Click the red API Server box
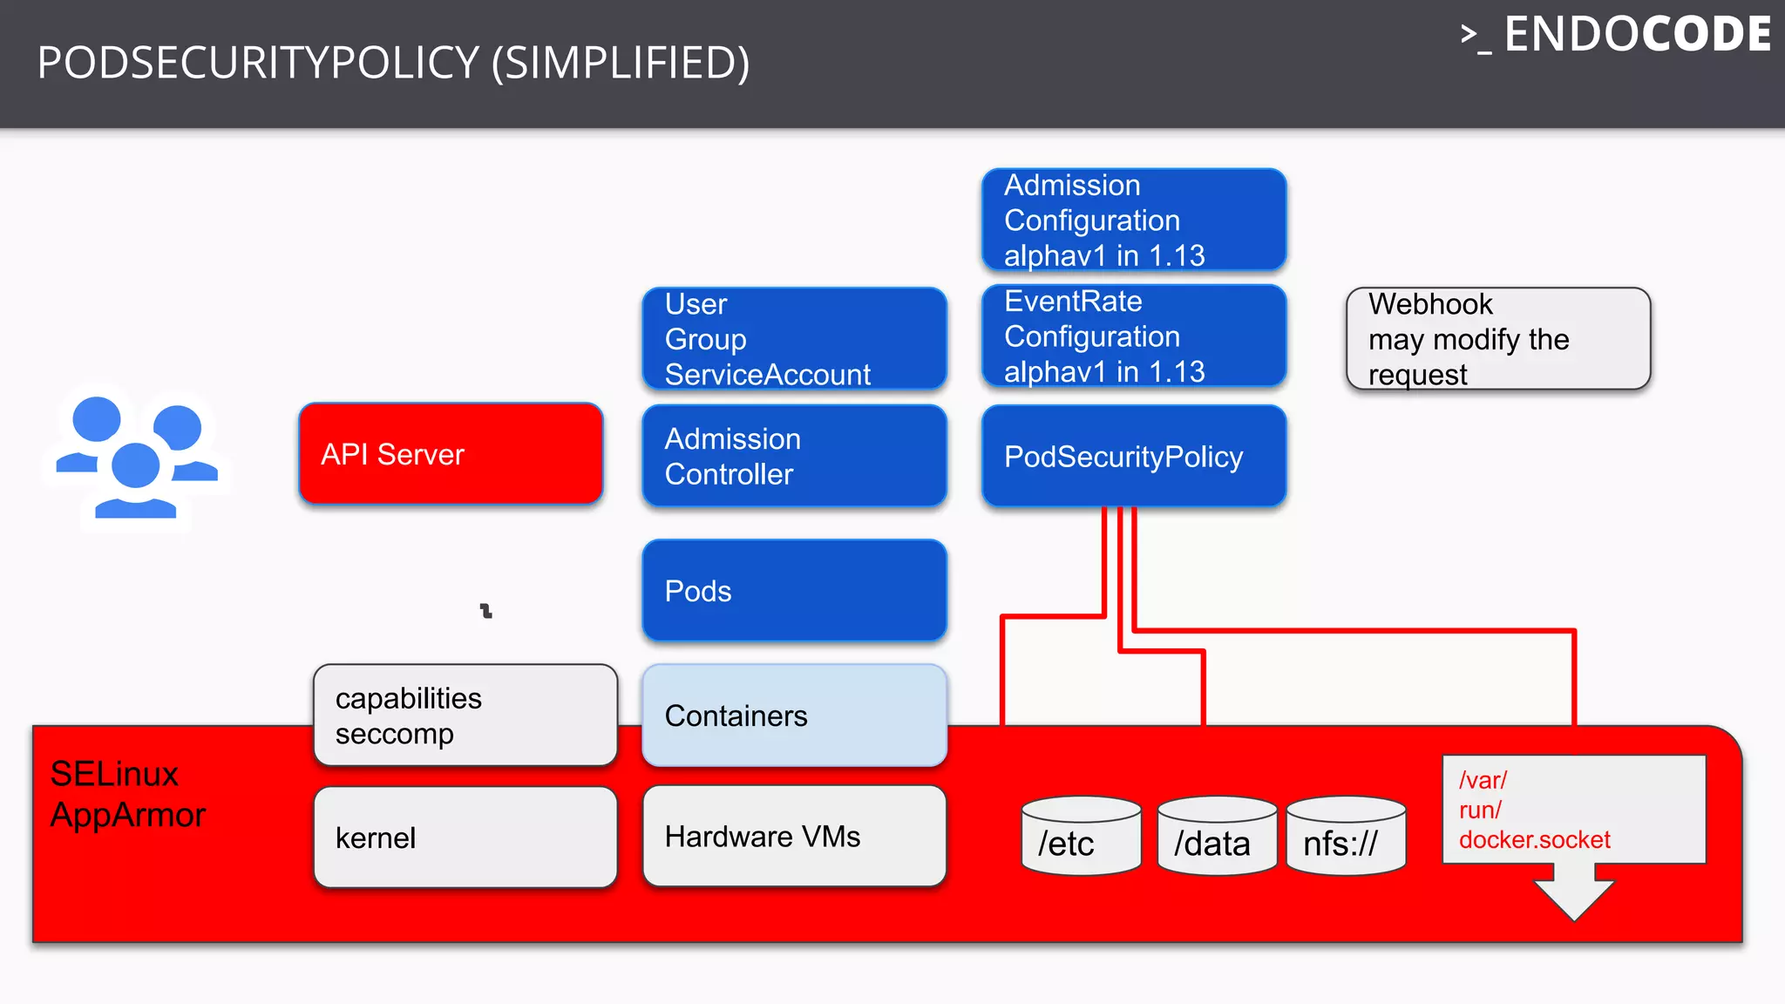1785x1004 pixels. pyautogui.click(x=451, y=453)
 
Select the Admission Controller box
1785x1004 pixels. pyautogui.click(x=794, y=456)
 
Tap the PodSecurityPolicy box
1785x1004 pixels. pyautogui.click(x=1133, y=456)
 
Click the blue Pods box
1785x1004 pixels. pyautogui.click(x=794, y=590)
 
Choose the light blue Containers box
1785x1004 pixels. pyautogui.click(x=794, y=716)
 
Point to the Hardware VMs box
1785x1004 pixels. pyautogui.click(x=794, y=836)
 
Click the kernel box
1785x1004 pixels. pyautogui.click(x=465, y=838)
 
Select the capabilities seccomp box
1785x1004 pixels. pyautogui.click(x=465, y=716)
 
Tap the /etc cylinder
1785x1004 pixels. pyautogui.click(x=1081, y=836)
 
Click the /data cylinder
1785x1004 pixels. pyautogui.click(x=1217, y=836)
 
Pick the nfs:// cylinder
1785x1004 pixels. pyautogui.click(x=1346, y=836)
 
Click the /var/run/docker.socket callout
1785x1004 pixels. pyautogui.click(x=1573, y=809)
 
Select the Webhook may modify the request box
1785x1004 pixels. pyautogui.click(x=1497, y=338)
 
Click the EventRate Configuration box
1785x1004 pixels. pyautogui.click(x=1133, y=336)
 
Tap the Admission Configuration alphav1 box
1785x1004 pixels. pyautogui.click(x=1133, y=220)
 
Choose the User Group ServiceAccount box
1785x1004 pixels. pyautogui.click(x=794, y=338)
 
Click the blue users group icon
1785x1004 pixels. pyautogui.click(x=136, y=457)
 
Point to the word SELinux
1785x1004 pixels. pyautogui.click(x=114, y=774)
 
